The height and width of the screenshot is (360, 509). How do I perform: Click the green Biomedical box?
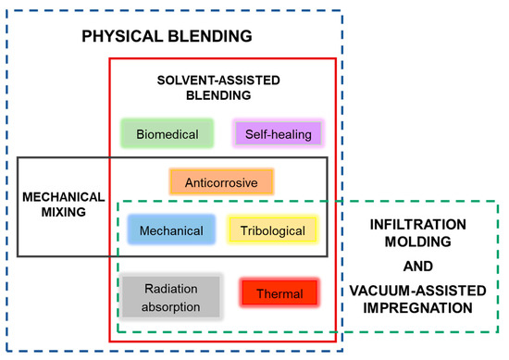tap(168, 133)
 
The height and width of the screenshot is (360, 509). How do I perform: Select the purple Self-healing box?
tap(278, 133)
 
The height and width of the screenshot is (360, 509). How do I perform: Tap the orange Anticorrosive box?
tap(221, 181)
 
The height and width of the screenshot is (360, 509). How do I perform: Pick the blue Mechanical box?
tap(172, 230)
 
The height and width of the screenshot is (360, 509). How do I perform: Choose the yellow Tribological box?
tap(273, 230)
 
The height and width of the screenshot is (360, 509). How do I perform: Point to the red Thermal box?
tap(279, 294)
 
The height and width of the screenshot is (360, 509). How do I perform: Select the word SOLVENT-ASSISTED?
tap(216, 80)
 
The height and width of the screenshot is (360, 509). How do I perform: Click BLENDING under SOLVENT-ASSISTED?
tap(216, 94)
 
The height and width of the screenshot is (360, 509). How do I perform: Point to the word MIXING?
tap(57, 212)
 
